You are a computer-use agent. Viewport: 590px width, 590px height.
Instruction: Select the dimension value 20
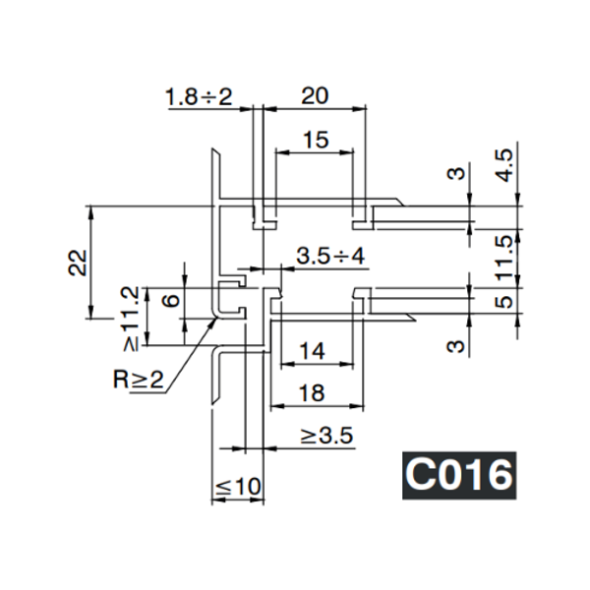pos(314,95)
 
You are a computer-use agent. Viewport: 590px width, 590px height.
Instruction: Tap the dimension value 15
pos(314,141)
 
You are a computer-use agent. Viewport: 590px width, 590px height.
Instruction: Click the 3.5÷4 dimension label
pos(329,256)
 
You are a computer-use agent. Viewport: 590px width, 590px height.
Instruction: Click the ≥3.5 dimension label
pos(325,436)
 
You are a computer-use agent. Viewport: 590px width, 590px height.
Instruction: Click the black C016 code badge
pos(459,475)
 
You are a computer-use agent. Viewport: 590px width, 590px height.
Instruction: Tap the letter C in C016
pos(421,475)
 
